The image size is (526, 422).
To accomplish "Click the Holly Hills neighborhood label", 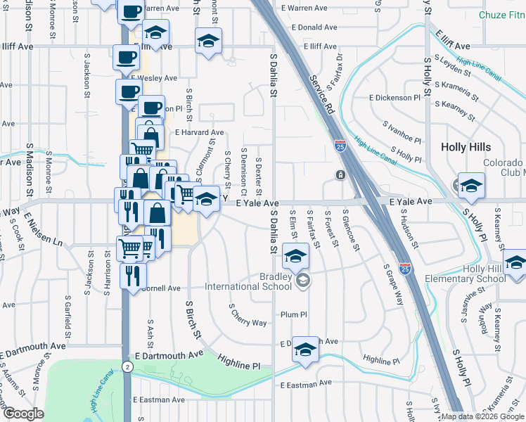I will point(469,147).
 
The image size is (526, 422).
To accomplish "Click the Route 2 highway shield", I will point(127,366).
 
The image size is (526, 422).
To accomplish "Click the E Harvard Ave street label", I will point(200,132).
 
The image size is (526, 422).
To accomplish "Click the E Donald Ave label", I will point(309,27).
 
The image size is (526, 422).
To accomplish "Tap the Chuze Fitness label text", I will point(501,15).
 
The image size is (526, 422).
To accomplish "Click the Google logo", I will point(23,414).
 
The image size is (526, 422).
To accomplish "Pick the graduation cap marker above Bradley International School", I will point(296,255).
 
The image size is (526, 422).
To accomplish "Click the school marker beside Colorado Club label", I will point(471,185).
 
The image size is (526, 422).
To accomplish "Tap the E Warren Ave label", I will point(304,8).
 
